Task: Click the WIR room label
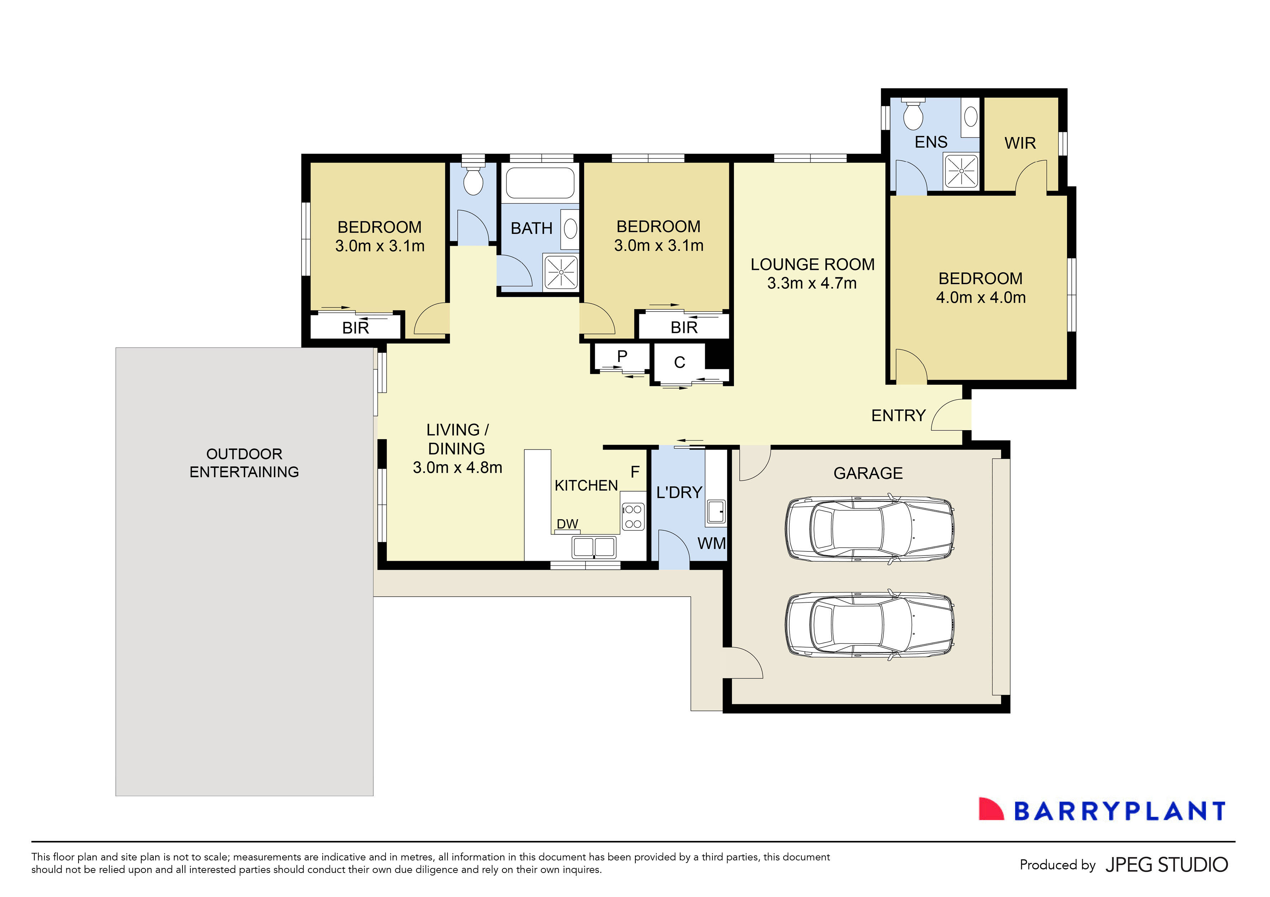(1020, 143)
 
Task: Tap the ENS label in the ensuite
(931, 142)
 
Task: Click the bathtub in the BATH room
(540, 183)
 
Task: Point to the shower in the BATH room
(561, 272)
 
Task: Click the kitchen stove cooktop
(633, 517)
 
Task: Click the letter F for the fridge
(635, 472)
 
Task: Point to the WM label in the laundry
(712, 543)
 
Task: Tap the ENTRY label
(898, 415)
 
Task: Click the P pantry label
(622, 356)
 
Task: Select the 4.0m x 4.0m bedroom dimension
(981, 298)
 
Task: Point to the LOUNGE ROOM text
(812, 264)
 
